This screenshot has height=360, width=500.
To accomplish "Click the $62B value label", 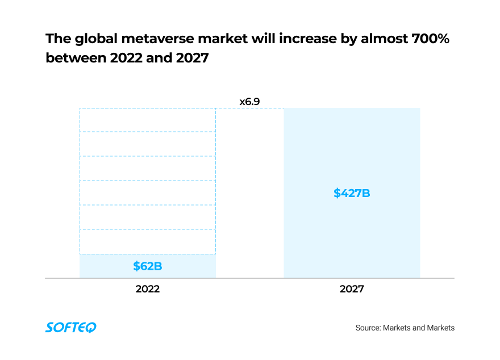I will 148,266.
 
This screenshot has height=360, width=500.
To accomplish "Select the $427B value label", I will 352,193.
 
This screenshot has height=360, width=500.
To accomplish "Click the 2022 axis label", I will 148,289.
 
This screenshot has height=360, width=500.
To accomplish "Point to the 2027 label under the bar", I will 352,289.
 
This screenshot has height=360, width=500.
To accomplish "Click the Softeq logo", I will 71,327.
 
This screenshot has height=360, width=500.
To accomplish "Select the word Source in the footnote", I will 368,328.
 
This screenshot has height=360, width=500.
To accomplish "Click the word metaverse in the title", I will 151,39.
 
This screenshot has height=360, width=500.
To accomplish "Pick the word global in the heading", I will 91,39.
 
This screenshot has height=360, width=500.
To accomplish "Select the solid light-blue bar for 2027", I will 352,142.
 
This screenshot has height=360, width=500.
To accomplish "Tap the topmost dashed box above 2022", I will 148,120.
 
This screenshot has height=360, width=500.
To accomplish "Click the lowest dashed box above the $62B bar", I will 148,242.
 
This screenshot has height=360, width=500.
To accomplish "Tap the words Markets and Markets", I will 419,328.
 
